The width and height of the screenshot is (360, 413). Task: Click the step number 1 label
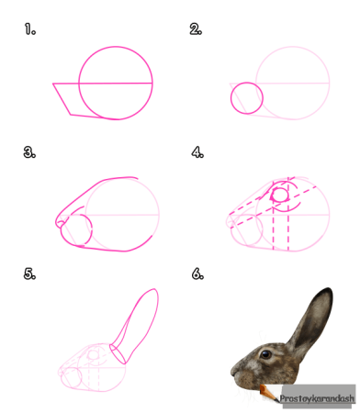[30, 29]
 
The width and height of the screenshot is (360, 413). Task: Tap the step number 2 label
[196, 29]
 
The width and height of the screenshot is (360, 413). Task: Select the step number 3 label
[29, 152]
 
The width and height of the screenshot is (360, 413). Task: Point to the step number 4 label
[197, 152]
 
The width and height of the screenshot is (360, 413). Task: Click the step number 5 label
[29, 273]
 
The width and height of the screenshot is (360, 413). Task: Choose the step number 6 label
[197, 273]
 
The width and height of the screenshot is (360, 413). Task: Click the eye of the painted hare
[265, 354]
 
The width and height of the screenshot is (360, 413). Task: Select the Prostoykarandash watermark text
[317, 398]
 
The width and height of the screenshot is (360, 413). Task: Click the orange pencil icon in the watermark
[269, 393]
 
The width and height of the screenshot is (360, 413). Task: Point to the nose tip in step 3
[57, 222]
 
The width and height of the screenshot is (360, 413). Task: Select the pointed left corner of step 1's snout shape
[53, 84]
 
